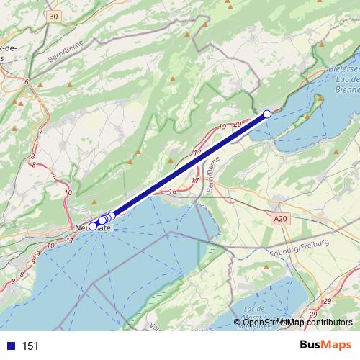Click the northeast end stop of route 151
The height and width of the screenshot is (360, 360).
click(x=267, y=114)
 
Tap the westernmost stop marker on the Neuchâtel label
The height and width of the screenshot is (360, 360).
click(x=93, y=226)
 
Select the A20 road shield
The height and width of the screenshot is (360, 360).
click(x=280, y=217)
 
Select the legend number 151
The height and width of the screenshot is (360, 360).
click(x=30, y=346)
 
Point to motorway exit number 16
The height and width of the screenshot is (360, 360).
click(x=173, y=192)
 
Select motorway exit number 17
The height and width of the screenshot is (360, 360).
click(x=196, y=180)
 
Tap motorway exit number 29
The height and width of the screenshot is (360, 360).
click(x=328, y=301)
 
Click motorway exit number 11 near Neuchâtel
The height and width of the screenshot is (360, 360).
click(x=68, y=239)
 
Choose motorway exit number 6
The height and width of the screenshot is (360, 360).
click(x=27, y=82)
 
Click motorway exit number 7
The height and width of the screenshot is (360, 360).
click(x=42, y=132)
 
